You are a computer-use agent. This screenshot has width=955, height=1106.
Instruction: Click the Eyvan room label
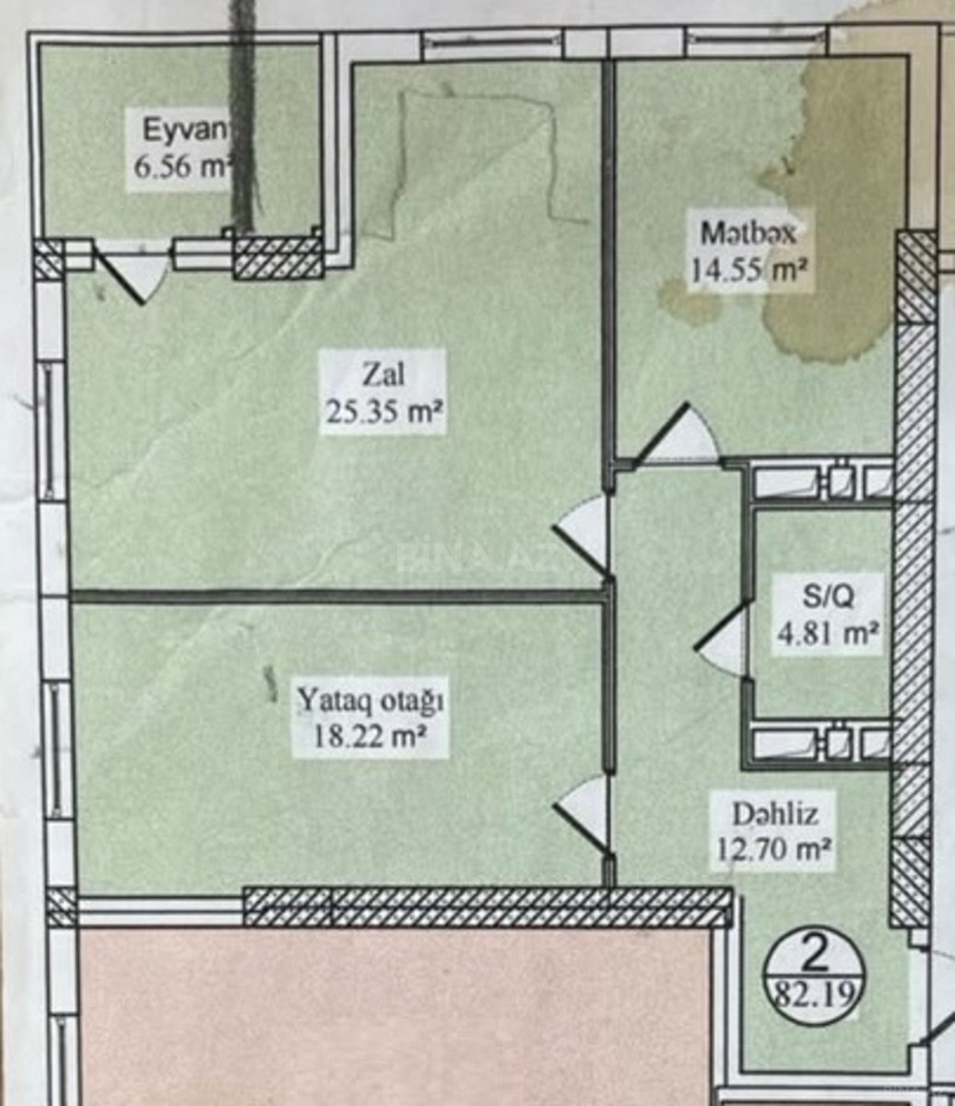click(185, 131)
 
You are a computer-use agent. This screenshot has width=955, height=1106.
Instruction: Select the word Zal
click(383, 376)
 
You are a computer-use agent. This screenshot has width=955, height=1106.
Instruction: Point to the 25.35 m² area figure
click(383, 412)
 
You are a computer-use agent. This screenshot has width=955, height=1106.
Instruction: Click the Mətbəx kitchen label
click(749, 234)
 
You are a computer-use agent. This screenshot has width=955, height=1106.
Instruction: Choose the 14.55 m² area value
click(750, 270)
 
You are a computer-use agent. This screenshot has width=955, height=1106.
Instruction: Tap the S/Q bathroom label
click(828, 599)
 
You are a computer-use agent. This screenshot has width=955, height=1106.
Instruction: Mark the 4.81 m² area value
click(828, 635)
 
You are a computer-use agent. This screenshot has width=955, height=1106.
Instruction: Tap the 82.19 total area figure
click(814, 996)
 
